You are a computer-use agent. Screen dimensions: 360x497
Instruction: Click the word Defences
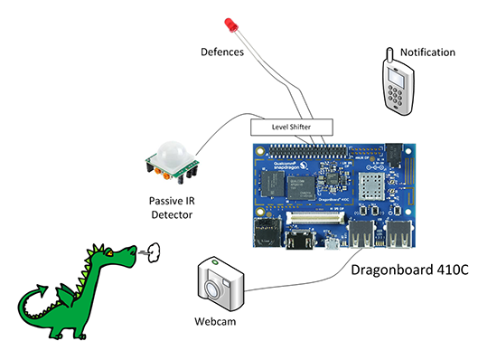(x=221, y=52)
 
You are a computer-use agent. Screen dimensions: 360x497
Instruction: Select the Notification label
(x=427, y=52)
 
